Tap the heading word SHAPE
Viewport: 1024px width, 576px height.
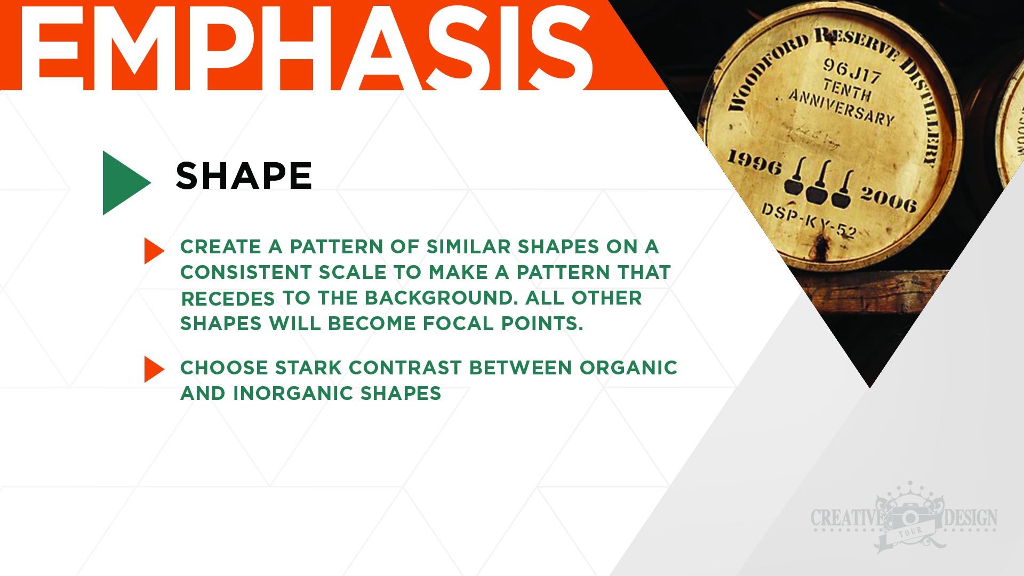[x=244, y=176]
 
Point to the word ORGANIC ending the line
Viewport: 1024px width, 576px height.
[x=628, y=367]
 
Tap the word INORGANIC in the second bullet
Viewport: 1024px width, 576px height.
[x=293, y=393]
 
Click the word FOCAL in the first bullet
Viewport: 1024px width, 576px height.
[x=458, y=323]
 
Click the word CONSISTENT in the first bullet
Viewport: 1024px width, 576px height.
[x=246, y=272]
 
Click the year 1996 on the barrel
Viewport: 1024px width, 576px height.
[x=755, y=162]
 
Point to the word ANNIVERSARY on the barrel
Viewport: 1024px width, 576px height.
[x=841, y=107]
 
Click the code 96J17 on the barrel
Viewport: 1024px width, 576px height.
[x=852, y=71]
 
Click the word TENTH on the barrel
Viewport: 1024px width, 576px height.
[x=847, y=89]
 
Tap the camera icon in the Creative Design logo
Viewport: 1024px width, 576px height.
[x=911, y=517]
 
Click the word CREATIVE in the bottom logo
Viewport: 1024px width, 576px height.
[x=847, y=518]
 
